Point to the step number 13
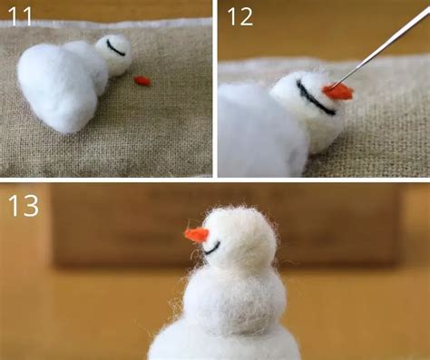click(x=24, y=205)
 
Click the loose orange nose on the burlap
click(x=142, y=80)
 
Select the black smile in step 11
click(x=114, y=47)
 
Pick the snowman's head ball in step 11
click(x=113, y=54)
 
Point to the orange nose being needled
click(x=337, y=91)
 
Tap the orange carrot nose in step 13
click(x=196, y=235)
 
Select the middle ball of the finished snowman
click(x=234, y=297)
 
